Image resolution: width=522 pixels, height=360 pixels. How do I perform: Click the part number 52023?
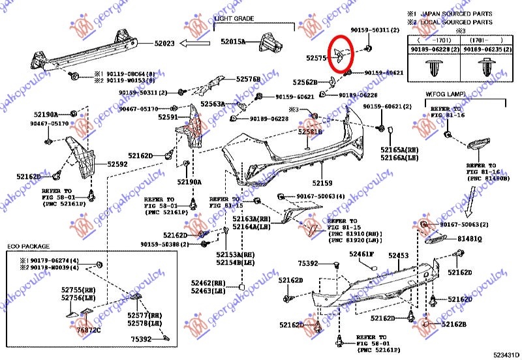click(x=165, y=44)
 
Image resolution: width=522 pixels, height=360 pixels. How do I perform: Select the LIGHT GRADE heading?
click(x=234, y=19)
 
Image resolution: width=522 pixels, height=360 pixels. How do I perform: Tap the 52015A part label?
click(x=233, y=41)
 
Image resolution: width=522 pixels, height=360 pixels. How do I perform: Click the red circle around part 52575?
click(x=341, y=52)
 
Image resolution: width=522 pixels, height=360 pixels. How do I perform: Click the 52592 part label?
click(x=117, y=165)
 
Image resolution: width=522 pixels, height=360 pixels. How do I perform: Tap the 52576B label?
click(x=247, y=80)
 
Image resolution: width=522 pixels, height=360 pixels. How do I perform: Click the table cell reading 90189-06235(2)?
click(x=484, y=49)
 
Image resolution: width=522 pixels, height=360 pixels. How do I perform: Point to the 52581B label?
click(x=311, y=132)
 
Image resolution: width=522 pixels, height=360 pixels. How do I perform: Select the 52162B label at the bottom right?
click(x=454, y=323)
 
